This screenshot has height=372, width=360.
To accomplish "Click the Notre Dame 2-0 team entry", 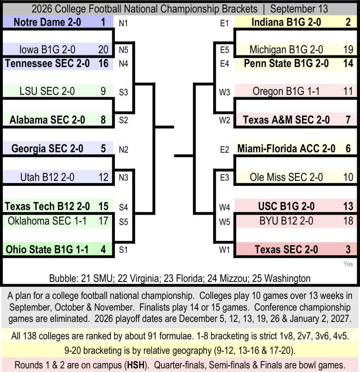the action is [47, 22].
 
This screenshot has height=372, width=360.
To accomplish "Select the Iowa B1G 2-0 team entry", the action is [47, 50].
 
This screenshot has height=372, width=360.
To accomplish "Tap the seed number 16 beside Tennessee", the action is [103, 63].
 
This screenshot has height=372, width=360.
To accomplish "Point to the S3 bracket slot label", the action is [123, 92].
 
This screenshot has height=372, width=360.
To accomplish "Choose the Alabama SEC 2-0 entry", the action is [47, 120].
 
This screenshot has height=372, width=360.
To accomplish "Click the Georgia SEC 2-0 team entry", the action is [47, 149].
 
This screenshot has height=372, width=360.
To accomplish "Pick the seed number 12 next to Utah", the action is [103, 177].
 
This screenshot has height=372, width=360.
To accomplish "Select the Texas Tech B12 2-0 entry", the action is [47, 206].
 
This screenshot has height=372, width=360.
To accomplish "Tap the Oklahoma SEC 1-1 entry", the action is [47, 221].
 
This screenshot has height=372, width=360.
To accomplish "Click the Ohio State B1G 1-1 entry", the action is [47, 250].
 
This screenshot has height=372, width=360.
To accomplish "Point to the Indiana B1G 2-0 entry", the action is [286, 22].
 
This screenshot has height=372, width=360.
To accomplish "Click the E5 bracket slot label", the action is [225, 50].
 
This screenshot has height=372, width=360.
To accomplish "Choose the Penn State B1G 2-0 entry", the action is [286, 63].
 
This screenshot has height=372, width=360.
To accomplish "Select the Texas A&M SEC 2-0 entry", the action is [286, 120].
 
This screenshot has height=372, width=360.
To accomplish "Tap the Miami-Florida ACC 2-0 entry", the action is [286, 149].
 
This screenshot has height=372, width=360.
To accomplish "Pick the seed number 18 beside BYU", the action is [348, 221].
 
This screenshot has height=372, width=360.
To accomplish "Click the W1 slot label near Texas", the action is [225, 250].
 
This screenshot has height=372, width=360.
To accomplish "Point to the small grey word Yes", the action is [348, 264].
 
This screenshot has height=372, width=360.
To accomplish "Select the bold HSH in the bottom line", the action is [136, 365].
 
